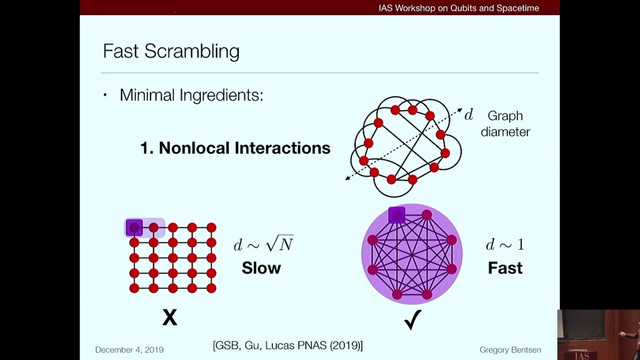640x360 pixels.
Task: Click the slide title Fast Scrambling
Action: pyautogui.click(x=171, y=51)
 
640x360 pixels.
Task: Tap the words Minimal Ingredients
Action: pyautogui.click(x=191, y=95)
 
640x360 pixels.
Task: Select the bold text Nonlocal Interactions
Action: pyautogui.click(x=235, y=148)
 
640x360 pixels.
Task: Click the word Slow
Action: pyautogui.click(x=261, y=268)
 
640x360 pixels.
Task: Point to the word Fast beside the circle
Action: pyautogui.click(x=505, y=268)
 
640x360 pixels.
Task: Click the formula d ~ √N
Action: pyautogui.click(x=263, y=244)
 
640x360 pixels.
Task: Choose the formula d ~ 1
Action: pyautogui.click(x=505, y=244)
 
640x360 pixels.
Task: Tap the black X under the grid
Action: pyautogui.click(x=170, y=317)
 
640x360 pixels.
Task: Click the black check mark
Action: pyautogui.click(x=413, y=319)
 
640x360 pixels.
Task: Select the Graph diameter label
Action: pyautogui.click(x=505, y=123)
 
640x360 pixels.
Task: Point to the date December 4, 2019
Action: pyautogui.click(x=129, y=350)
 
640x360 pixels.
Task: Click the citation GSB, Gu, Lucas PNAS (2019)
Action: pyautogui.click(x=287, y=345)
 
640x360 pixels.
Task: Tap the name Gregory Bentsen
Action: pyautogui.click(x=510, y=350)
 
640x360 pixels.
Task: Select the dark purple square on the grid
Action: pyautogui.click(x=134, y=228)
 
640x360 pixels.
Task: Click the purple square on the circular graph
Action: pyautogui.click(x=397, y=215)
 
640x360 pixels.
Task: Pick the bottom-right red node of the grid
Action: pyautogui.click(x=211, y=288)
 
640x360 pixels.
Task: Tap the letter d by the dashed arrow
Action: pyautogui.click(x=468, y=115)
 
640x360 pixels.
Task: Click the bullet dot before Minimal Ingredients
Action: pyautogui.click(x=105, y=95)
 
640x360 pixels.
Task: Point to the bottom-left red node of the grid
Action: pyautogui.click(x=134, y=288)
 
